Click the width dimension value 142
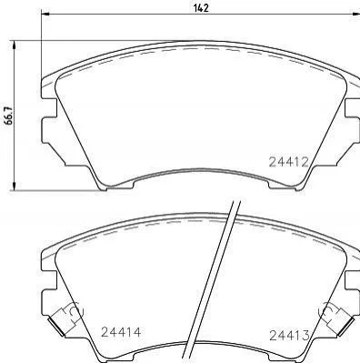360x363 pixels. pyautogui.click(x=201, y=8)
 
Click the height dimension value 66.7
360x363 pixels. pyautogui.click(x=8, y=116)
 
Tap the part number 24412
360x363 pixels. pyautogui.click(x=289, y=162)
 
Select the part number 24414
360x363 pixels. pyautogui.click(x=121, y=332)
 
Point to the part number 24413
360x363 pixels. pyautogui.click(x=289, y=335)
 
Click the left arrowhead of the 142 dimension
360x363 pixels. pyautogui.click(x=45, y=14)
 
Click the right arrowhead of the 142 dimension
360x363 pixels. pyautogui.click(x=355, y=14)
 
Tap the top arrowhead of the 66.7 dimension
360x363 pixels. pyautogui.click(x=14, y=45)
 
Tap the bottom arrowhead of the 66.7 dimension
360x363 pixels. pyautogui.click(x=14, y=186)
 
